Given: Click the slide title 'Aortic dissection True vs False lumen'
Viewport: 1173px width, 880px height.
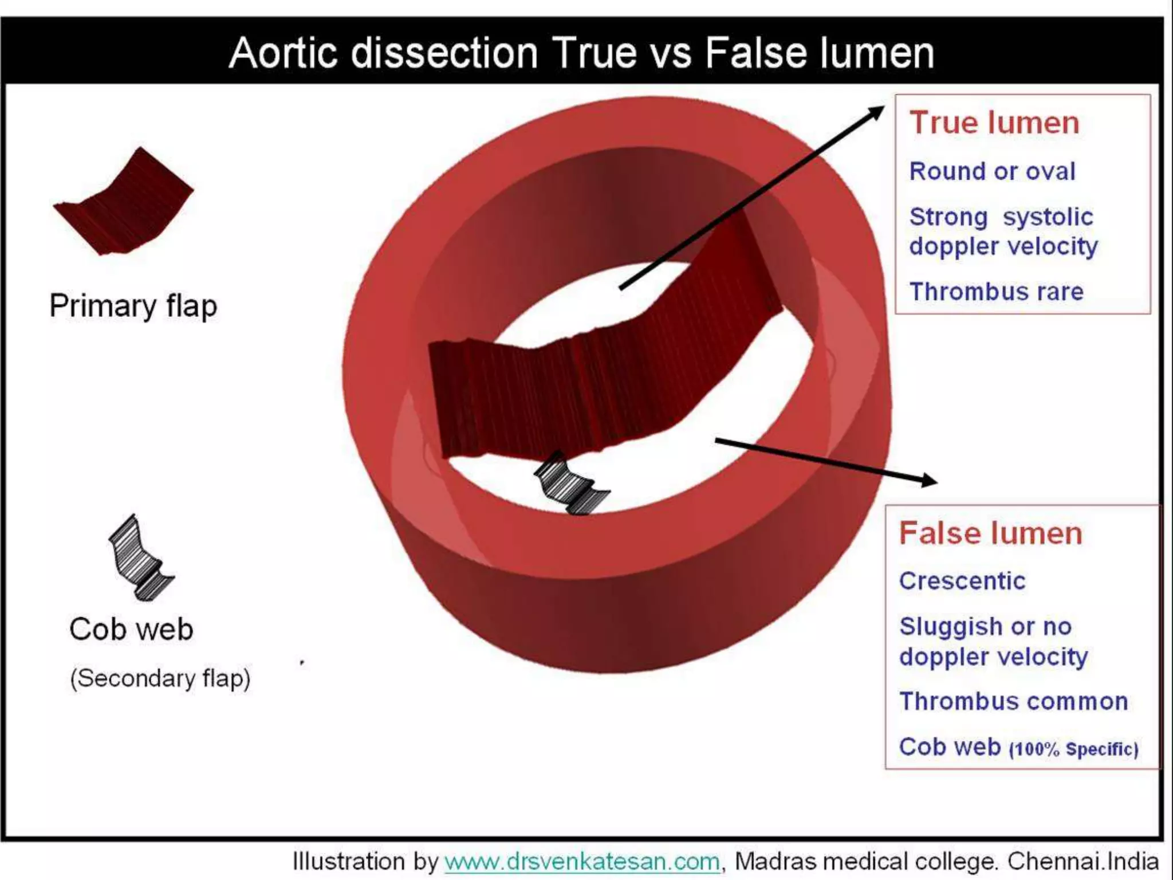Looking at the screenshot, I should click(581, 53).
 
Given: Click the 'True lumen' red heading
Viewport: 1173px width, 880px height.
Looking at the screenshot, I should click(994, 123).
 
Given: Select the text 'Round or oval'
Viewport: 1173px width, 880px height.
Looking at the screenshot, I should click(992, 171).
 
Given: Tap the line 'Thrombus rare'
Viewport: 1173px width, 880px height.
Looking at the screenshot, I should click(996, 292).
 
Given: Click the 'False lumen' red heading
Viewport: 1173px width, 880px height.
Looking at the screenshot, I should click(990, 533).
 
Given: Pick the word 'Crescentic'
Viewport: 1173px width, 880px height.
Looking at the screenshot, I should click(962, 581).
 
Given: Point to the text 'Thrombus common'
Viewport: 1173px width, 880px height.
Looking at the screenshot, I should click(1013, 701).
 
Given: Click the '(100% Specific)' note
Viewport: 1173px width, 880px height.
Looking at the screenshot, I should click(1073, 749).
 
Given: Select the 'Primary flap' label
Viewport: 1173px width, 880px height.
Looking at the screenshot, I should click(133, 305).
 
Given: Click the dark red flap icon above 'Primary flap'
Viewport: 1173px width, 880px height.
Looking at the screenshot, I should click(125, 203).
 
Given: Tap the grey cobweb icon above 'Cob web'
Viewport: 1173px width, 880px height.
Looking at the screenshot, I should click(140, 559).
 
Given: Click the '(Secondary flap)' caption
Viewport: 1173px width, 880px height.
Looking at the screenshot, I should click(160, 678).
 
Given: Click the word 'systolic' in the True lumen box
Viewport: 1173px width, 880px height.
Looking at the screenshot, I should click(1048, 217).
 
